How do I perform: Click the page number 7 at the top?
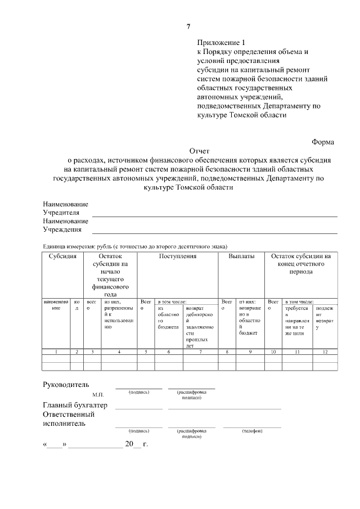pyautogui.click(x=188, y=26)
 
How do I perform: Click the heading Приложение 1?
pyautogui.click(x=221, y=42)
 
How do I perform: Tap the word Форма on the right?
pyautogui.click(x=322, y=142)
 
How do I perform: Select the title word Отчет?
pyautogui.click(x=199, y=151)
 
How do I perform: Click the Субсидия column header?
pyautogui.click(x=62, y=256)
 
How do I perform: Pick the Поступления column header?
pyautogui.click(x=178, y=256)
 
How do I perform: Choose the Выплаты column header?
pyautogui.click(x=241, y=256)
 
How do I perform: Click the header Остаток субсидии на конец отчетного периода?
pyautogui.click(x=301, y=264)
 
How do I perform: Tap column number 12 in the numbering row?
pyautogui.click(x=325, y=352)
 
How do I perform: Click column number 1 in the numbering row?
pyautogui.click(x=56, y=352)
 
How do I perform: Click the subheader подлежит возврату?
pyautogui.click(x=325, y=318)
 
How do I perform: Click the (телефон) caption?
pyautogui.click(x=252, y=431)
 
